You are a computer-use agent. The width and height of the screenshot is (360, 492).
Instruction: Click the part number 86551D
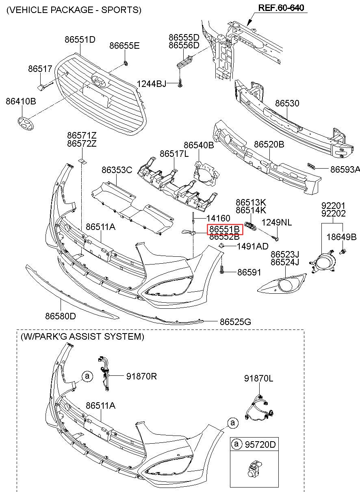(x=80, y=39)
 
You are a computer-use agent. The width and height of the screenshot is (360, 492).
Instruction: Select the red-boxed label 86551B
(x=225, y=230)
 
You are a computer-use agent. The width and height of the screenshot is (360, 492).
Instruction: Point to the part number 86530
(x=287, y=103)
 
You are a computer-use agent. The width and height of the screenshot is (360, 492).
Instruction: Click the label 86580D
(x=60, y=316)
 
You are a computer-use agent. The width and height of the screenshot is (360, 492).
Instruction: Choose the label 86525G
(x=235, y=322)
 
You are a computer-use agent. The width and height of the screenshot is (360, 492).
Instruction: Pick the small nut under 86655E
(x=126, y=63)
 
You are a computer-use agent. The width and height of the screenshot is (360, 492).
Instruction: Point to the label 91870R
(x=141, y=376)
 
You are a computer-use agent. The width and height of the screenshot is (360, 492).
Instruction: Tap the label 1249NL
(x=276, y=223)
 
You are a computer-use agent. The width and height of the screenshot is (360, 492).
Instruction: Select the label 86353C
(x=117, y=170)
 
